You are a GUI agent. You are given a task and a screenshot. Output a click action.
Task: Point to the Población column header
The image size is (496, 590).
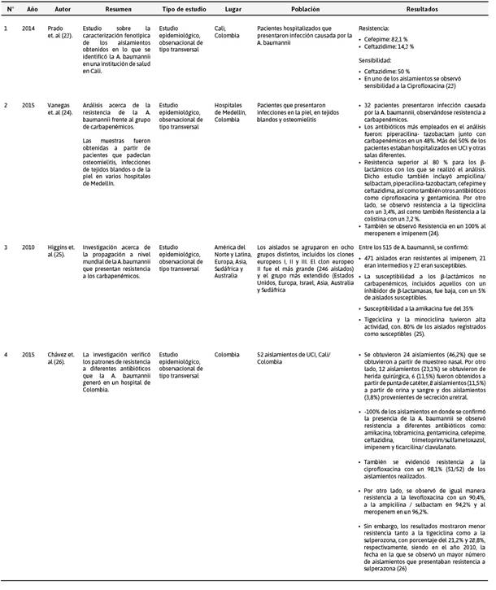(304, 8)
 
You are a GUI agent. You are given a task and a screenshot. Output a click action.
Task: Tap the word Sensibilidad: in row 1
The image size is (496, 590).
(380, 60)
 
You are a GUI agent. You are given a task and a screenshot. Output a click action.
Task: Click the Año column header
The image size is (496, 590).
(32, 8)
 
